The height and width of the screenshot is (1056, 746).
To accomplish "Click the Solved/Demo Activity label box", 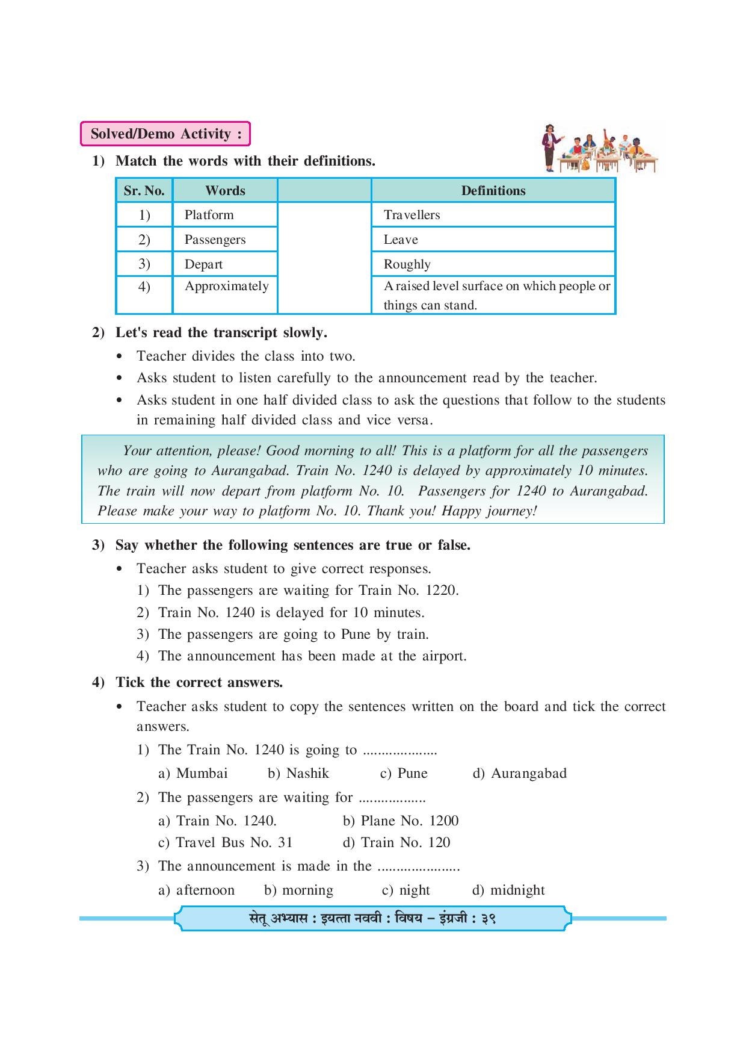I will pyautogui.click(x=165, y=134).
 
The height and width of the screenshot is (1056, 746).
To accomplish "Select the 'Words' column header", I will pyautogui.click(x=225, y=191).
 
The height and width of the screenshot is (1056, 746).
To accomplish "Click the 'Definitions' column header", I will pyautogui.click(x=493, y=191).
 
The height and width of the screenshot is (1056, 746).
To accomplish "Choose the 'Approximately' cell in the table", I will pyautogui.click(x=226, y=286).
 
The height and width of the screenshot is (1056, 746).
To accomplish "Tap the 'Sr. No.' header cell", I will pyautogui.click(x=144, y=191).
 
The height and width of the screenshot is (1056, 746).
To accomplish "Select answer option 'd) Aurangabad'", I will pyautogui.click(x=520, y=773).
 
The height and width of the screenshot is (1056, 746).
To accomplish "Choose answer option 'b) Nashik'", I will pyautogui.click(x=298, y=773).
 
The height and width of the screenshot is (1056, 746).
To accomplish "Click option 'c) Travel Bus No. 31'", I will pyautogui.click(x=225, y=842).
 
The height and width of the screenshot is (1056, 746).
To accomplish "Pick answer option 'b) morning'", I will pyautogui.click(x=298, y=890).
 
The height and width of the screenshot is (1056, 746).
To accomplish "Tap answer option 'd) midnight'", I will pyautogui.click(x=509, y=890).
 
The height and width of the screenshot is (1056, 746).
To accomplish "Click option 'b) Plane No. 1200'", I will pyautogui.click(x=401, y=821).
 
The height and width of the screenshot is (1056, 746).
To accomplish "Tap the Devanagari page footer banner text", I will pyautogui.click(x=372, y=919).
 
